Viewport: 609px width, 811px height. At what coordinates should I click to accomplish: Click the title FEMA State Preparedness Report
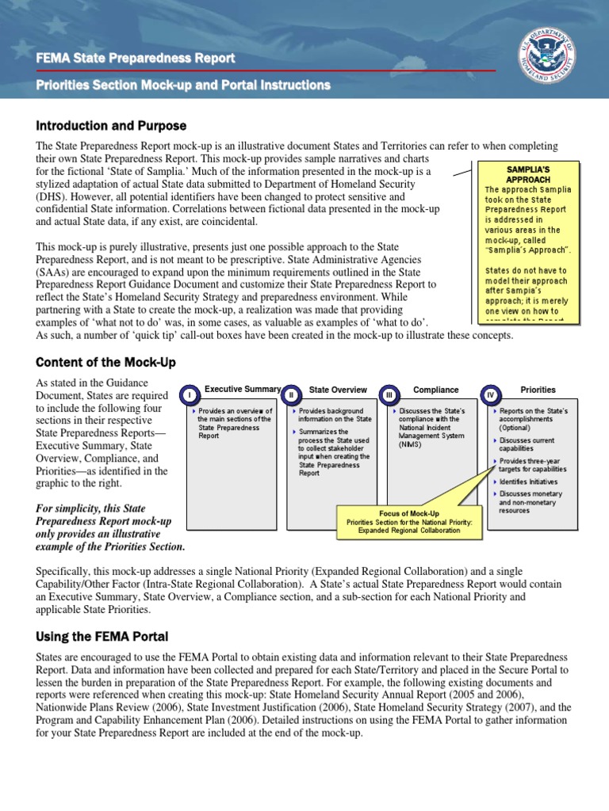136,58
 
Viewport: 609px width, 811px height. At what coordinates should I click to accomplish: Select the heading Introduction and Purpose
111,126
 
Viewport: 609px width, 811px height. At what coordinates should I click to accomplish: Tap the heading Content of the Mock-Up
105,362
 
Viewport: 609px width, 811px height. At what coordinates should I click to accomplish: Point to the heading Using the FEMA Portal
101,637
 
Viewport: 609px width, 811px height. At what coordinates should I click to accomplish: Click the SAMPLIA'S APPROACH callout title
528,174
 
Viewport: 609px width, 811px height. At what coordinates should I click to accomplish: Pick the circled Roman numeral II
292,394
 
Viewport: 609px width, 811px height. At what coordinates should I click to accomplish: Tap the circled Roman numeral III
389,394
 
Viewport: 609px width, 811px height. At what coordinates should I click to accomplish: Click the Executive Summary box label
243,389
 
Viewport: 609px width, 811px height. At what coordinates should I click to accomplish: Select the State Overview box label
338,390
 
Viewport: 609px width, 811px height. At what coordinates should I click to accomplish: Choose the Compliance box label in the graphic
435,390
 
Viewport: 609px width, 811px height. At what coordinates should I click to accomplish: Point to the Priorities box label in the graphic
538,390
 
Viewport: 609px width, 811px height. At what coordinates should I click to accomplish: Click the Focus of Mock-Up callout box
409,522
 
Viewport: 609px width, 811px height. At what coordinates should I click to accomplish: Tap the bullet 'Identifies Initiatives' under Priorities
528,482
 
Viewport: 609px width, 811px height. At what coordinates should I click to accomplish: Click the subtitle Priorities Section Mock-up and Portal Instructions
183,85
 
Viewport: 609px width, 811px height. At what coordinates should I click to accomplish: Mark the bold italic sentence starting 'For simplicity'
111,527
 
